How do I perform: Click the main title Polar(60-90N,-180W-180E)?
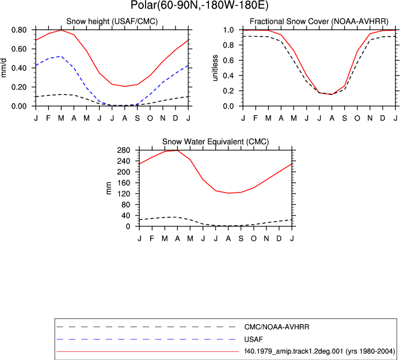pos(200,5)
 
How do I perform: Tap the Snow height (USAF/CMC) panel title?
pos(112,21)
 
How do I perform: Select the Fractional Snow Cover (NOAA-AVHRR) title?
pos(319,21)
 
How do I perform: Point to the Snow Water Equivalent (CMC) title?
pos(216,142)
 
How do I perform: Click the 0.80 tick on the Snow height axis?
pos(19,30)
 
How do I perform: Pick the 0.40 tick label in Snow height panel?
pos(19,68)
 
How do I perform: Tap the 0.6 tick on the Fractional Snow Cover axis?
pos(228,60)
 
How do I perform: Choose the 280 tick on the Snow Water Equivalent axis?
pos(124,150)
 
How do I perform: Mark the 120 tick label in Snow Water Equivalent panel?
pos(124,194)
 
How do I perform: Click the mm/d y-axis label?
pos(4,68)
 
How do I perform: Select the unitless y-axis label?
pos(215,68)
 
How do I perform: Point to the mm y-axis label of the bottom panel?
pos(109,188)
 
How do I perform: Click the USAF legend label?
pos(254,339)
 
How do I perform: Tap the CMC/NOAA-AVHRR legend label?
pos(277,327)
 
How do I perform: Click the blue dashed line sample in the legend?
pos(146,339)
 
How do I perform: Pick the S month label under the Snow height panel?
pos(137,118)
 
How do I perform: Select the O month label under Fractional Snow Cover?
pos(357,118)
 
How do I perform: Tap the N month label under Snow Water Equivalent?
pos(266,238)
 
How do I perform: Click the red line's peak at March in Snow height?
pos(61,30)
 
